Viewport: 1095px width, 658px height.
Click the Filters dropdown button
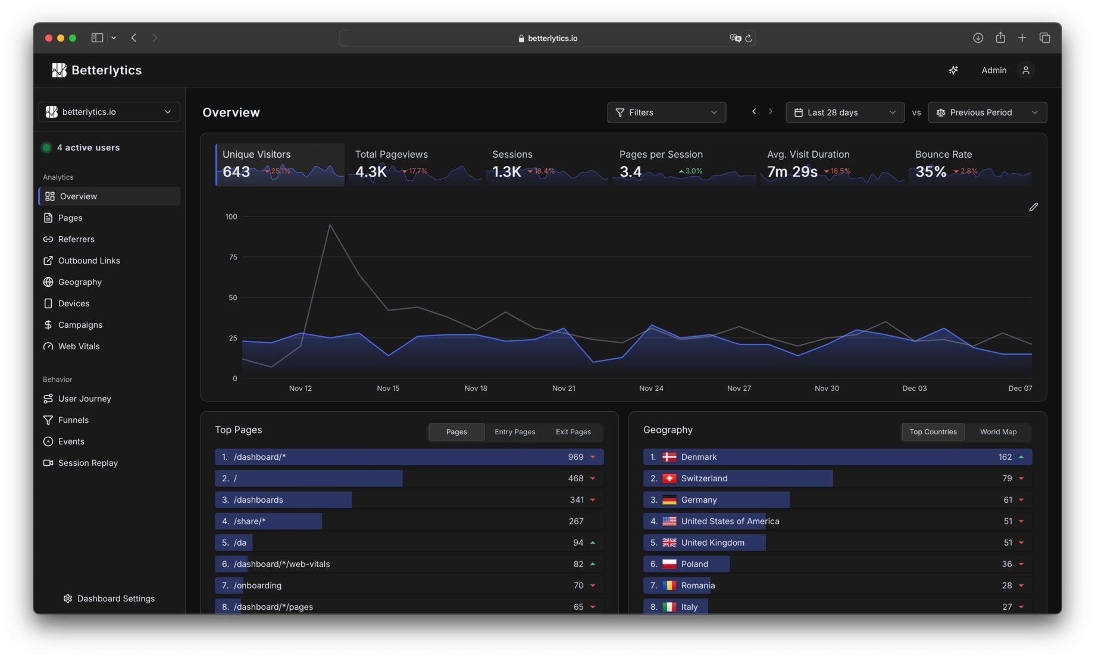click(666, 112)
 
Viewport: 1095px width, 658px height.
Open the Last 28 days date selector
click(844, 112)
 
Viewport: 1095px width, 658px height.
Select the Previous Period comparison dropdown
click(987, 112)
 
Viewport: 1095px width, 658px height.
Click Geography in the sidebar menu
click(80, 282)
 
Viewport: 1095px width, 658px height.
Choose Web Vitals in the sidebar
click(79, 346)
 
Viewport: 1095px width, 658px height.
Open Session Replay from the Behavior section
click(87, 463)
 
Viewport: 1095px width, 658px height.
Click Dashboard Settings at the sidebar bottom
click(115, 599)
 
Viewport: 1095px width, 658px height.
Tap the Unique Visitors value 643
click(236, 172)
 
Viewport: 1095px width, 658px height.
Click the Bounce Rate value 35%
click(931, 172)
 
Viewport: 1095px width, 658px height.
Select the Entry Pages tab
click(515, 432)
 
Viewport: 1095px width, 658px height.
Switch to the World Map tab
click(998, 432)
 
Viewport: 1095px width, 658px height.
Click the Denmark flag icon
click(669, 457)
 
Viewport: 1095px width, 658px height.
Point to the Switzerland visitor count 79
click(1006, 478)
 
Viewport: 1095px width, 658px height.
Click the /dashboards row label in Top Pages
click(258, 500)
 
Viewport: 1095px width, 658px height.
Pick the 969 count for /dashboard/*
click(575, 457)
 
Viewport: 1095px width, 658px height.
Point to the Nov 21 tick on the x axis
click(564, 388)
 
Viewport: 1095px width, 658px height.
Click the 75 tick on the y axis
click(233, 257)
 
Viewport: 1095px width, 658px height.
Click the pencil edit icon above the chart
click(1033, 207)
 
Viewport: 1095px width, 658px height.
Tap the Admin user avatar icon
click(1025, 70)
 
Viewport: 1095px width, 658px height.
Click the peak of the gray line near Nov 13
click(330, 224)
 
